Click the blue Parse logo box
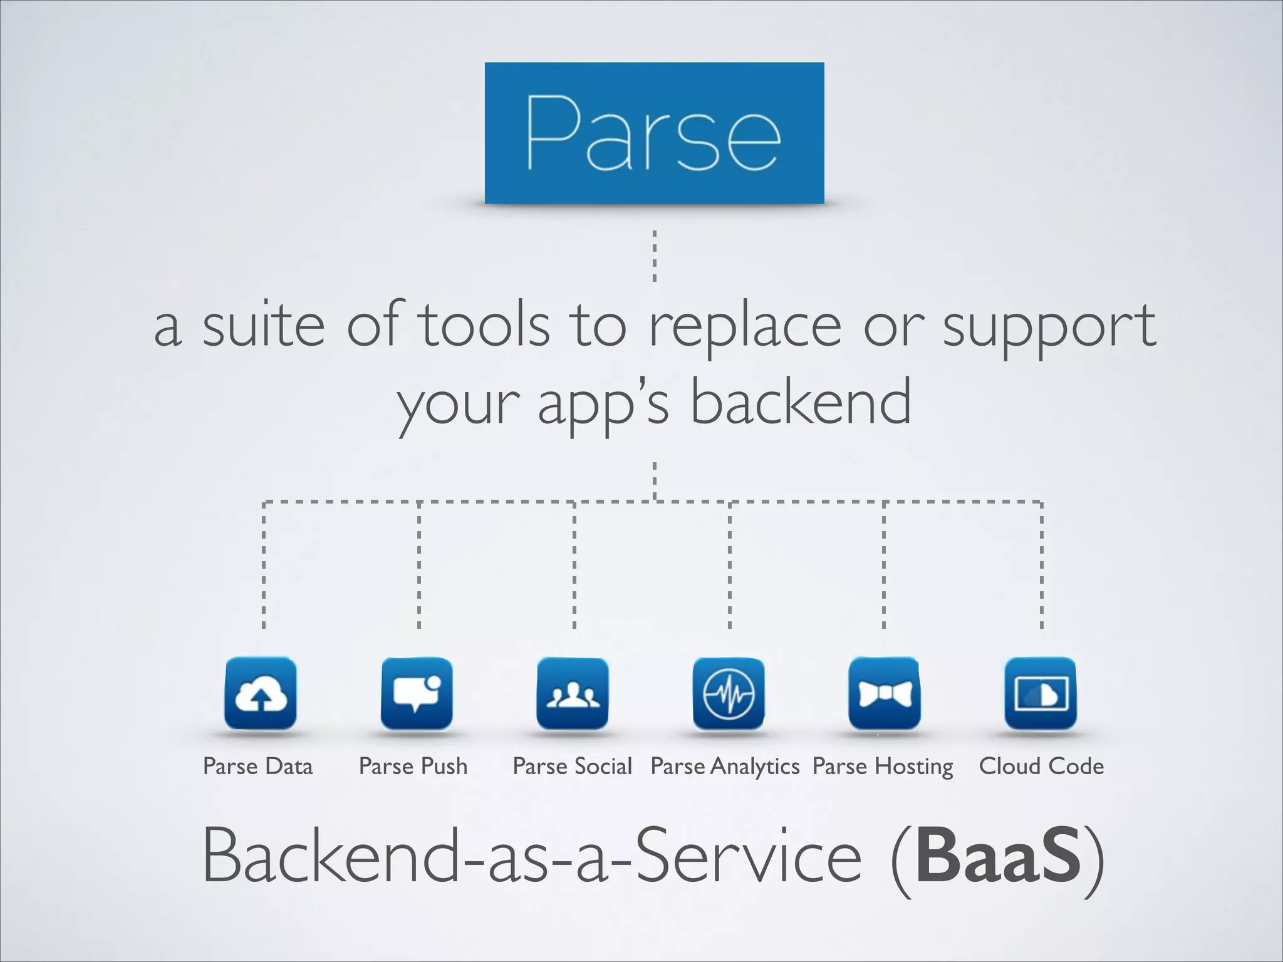pos(654,133)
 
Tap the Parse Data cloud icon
pos(261,693)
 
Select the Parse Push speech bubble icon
pos(416,693)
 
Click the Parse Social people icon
pos(572,693)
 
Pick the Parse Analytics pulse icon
pos(728,693)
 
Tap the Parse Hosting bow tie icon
pos(884,693)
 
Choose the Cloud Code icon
pos(1040,693)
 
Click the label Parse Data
pos(257,766)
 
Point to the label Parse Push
pos(413,766)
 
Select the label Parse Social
pos(572,766)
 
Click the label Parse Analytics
pos(725,767)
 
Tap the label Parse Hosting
pos(883,767)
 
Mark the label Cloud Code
pos(1041,766)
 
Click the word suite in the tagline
pos(263,326)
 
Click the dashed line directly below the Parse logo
pos(655,256)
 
